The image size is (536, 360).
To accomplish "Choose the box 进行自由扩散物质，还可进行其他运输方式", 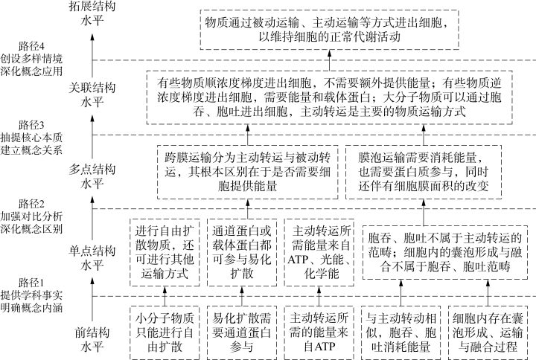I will [x=165, y=254].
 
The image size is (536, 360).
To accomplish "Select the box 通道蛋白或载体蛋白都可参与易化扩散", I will [x=243, y=254].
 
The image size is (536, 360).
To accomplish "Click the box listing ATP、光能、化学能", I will [x=321, y=254].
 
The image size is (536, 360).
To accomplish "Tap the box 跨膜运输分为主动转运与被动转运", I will [x=245, y=173].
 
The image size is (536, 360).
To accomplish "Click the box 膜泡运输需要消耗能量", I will [x=421, y=173].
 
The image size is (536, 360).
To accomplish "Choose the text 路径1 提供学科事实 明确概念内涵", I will [x=32, y=296].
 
